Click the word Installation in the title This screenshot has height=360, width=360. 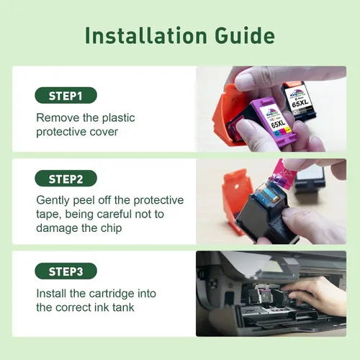coord(146,35)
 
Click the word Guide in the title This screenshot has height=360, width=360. coord(245,35)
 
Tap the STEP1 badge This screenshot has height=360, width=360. coord(66,96)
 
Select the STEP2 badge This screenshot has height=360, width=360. coord(66,179)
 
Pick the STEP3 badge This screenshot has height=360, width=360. coord(66,271)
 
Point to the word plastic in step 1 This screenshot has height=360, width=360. coord(119,118)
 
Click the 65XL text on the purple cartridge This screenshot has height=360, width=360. coord(278,124)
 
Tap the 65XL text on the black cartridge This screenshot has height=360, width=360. coord(300,104)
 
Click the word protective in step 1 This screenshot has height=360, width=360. coord(60,132)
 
